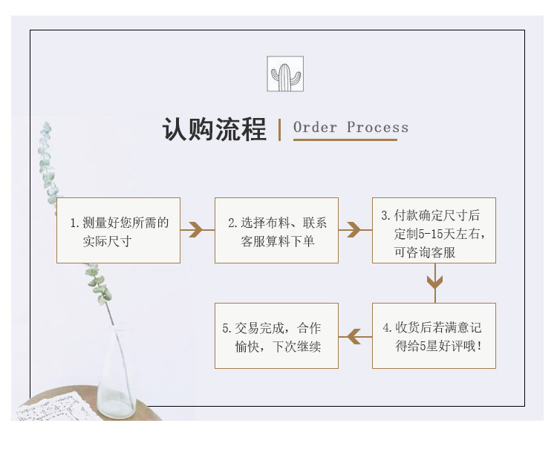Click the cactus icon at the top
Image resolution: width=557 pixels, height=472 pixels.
(285, 74)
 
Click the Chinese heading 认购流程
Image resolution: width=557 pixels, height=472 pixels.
(214, 129)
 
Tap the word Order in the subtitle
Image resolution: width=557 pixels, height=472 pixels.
(315, 127)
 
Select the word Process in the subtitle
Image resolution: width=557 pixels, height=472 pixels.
(377, 127)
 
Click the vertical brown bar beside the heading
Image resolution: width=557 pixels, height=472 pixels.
(279, 129)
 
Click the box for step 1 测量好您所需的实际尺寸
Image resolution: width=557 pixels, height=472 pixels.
(118, 230)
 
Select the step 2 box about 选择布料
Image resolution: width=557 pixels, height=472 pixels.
(276, 230)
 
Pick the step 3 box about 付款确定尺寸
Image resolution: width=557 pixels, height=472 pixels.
(434, 230)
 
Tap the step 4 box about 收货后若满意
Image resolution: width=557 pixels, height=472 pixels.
(434, 335)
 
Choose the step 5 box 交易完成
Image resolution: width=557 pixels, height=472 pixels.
(276, 335)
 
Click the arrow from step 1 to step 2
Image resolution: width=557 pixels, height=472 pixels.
(196, 230)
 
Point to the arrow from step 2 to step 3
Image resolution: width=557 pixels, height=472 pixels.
(354, 230)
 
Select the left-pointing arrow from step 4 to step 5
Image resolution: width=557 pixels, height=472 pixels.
(354, 336)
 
